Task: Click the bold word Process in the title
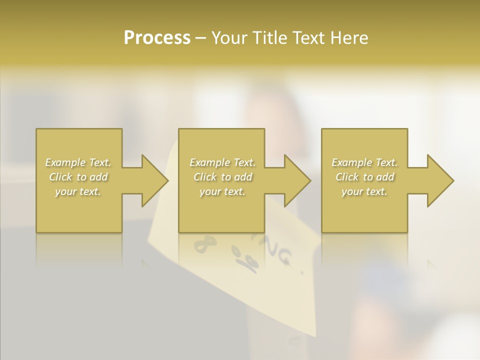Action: [157, 38]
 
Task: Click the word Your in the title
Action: [230, 38]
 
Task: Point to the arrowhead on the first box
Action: [152, 180]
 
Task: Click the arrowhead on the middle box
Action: [295, 180]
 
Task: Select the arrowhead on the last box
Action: [438, 180]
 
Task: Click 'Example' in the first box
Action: [64, 162]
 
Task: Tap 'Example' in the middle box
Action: [209, 162]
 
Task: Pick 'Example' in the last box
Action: [351, 162]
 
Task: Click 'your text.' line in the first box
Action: [78, 191]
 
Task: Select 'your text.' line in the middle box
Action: [222, 191]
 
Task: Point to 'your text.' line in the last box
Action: [364, 191]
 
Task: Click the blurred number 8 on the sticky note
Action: [204, 246]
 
